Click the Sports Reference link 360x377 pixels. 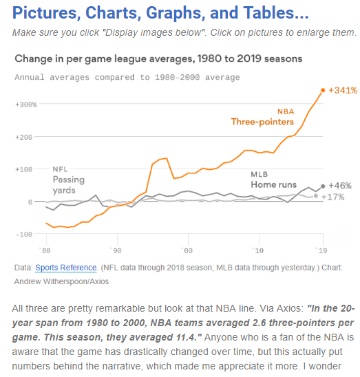[x=65, y=268]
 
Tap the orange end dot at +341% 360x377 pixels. [x=323, y=90]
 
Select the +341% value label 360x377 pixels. [x=343, y=90]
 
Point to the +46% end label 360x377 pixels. [x=340, y=186]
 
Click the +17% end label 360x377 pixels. [x=332, y=197]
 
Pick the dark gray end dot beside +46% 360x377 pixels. [x=323, y=186]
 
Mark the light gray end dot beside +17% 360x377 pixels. [x=316, y=196]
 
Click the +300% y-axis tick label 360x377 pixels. [x=26, y=105]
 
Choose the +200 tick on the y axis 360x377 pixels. [x=24, y=138]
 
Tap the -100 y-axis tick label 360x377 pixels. [x=24, y=235]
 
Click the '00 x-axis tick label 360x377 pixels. [x=187, y=251]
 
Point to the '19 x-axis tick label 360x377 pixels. [x=321, y=251]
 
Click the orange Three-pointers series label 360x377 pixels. [x=262, y=122]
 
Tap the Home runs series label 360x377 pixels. [x=274, y=184]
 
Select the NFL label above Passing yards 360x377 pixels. [x=60, y=169]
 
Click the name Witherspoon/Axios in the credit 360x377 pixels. [x=76, y=281]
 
